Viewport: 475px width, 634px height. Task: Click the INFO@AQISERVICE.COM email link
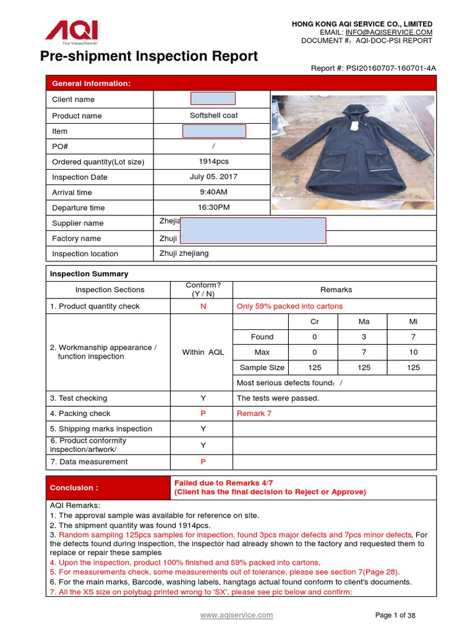388,32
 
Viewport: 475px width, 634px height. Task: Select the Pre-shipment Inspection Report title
149,56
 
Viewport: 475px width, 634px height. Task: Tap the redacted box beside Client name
213,98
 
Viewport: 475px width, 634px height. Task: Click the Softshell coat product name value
213,115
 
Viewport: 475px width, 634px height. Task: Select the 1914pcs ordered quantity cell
213,161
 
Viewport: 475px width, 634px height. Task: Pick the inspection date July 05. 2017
213,176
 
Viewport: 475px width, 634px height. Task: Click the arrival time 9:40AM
213,192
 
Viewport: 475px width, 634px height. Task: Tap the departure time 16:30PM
213,207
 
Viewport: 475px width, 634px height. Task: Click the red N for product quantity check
203,306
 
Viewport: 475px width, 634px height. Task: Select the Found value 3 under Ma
364,337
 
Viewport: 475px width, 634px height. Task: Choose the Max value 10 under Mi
413,352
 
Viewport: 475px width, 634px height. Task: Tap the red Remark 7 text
254,413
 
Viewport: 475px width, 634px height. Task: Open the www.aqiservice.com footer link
236,615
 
